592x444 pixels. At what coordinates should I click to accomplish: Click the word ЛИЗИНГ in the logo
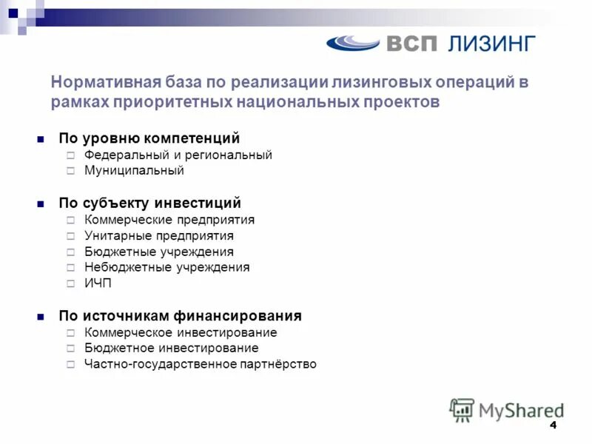click(x=491, y=43)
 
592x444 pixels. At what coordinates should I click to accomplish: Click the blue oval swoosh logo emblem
click(x=353, y=43)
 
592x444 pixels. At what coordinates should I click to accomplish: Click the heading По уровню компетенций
click(x=149, y=138)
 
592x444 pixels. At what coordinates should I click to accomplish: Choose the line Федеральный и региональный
click(x=178, y=155)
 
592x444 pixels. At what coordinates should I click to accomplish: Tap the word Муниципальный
click(x=134, y=171)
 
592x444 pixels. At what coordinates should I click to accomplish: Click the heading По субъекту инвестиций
click(x=150, y=203)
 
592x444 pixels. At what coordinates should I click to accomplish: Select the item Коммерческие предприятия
click(x=169, y=220)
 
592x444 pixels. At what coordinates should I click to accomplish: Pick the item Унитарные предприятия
click(x=159, y=236)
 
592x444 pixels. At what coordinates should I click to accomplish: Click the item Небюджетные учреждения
click(x=167, y=267)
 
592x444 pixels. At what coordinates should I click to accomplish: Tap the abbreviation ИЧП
click(x=98, y=283)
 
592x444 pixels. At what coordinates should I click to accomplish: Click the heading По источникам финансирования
click(x=181, y=316)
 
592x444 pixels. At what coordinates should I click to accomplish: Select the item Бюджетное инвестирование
click(x=172, y=348)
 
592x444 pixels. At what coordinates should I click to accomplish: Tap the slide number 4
click(x=552, y=427)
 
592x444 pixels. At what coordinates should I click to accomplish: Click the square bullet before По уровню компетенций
click(x=41, y=139)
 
